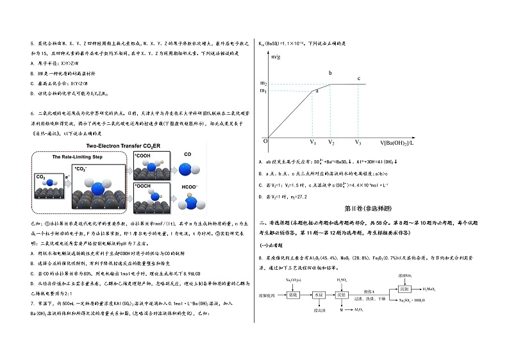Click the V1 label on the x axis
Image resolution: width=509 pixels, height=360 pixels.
click(x=313, y=142)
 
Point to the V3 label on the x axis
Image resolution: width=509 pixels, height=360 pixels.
click(x=358, y=142)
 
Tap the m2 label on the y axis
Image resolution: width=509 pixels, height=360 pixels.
click(x=263, y=83)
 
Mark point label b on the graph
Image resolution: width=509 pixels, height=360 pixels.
click(x=330, y=73)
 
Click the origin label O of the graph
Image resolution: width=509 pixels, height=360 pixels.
click(x=265, y=140)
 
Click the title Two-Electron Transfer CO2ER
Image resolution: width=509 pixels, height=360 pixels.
click(x=122, y=146)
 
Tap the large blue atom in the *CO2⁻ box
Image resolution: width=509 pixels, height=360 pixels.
click(x=99, y=190)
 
